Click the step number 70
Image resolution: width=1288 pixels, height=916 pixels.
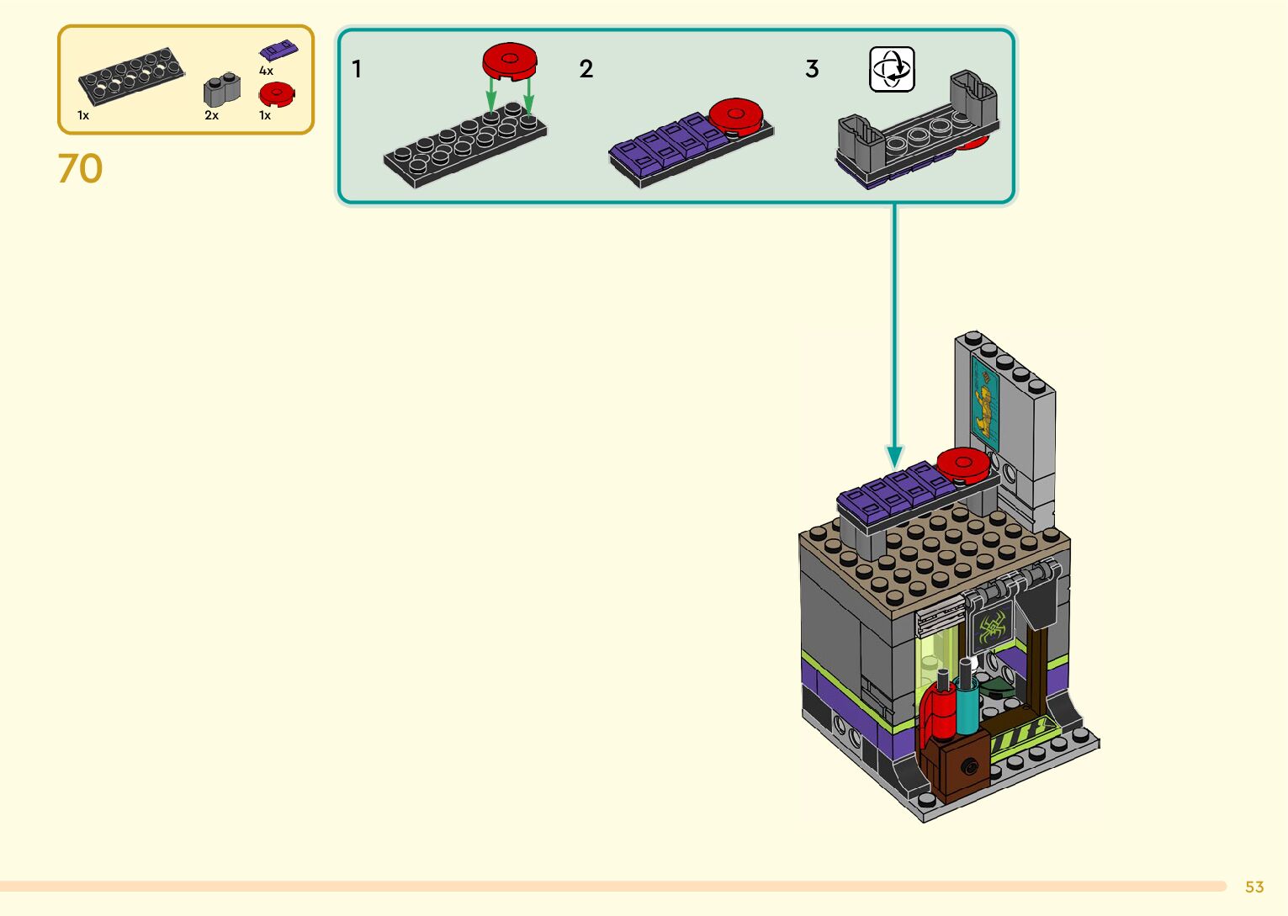tap(80, 169)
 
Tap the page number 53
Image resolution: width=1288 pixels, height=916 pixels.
tap(1254, 887)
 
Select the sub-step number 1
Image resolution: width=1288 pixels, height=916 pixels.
tap(357, 69)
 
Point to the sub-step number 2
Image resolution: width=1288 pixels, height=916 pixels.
tap(586, 69)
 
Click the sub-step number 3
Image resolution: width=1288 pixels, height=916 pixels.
tap(812, 69)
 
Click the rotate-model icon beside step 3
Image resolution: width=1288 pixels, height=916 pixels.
tap(892, 70)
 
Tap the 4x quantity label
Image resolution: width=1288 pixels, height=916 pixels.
tap(266, 71)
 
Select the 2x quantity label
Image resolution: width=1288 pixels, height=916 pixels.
tap(212, 115)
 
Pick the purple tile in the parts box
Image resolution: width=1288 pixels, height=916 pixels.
tap(278, 50)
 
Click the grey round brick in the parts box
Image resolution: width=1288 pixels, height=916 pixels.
tap(221, 89)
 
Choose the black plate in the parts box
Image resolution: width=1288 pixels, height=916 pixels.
tap(131, 77)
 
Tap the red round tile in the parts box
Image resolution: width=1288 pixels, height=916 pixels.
tap(277, 94)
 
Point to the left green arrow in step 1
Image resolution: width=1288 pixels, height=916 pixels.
tap(490, 94)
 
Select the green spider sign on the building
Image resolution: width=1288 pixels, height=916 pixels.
tap(992, 627)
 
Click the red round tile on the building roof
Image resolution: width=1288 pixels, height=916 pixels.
tap(963, 465)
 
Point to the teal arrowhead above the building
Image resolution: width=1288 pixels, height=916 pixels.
tap(894, 457)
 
